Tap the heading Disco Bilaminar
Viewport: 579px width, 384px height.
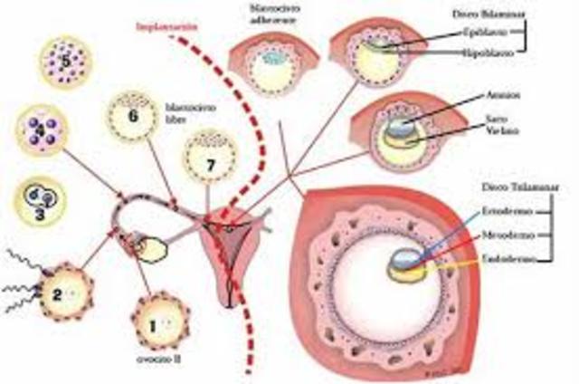click(x=501, y=14)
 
